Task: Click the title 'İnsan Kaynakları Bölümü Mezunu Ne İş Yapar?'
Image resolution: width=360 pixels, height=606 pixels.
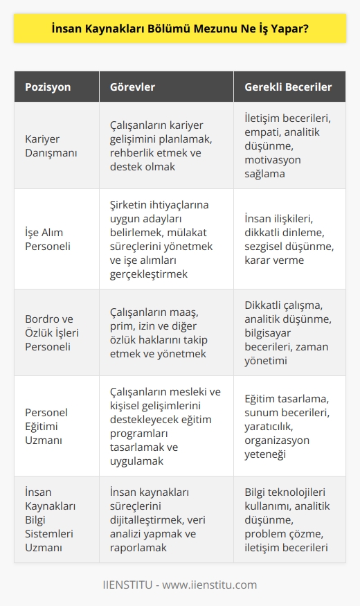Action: click(x=180, y=30)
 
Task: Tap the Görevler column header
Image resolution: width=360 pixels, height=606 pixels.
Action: click(x=135, y=87)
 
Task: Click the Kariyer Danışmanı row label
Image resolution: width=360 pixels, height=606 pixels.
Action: click(x=52, y=145)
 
